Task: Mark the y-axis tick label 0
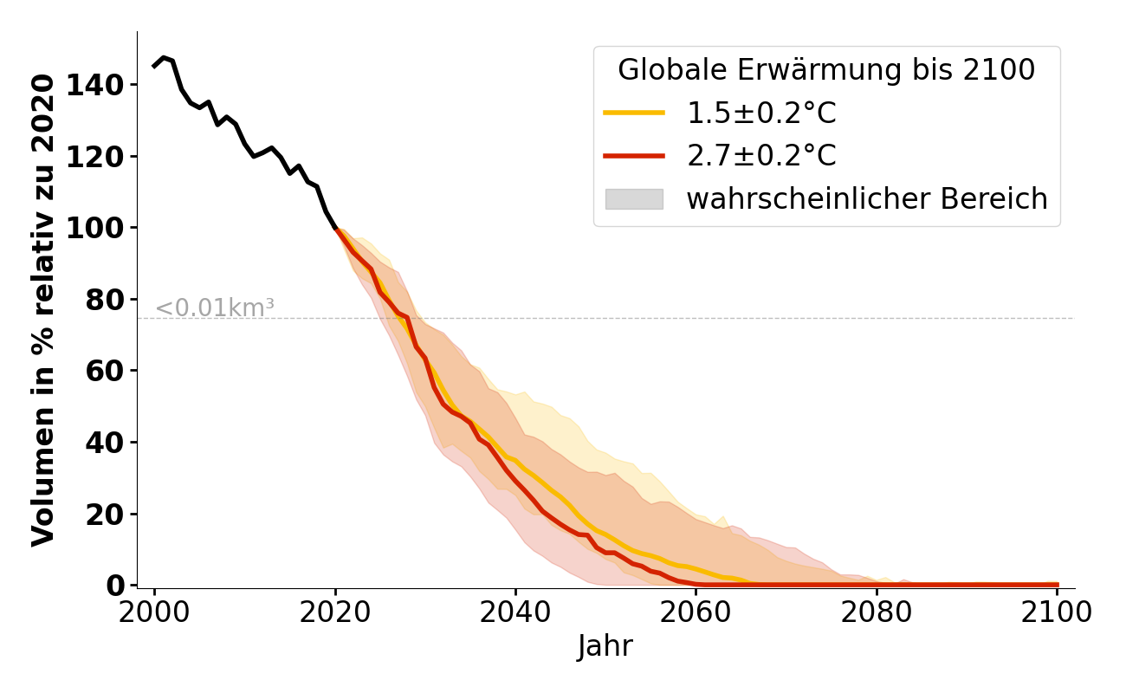click(x=117, y=586)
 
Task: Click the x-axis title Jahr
click(x=605, y=647)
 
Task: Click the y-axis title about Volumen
click(x=43, y=310)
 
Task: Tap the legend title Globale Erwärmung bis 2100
click(x=826, y=70)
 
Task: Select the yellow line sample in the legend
click(x=634, y=113)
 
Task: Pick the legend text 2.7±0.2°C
click(x=761, y=156)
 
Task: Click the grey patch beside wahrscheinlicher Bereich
click(x=634, y=199)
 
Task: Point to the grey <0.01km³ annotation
click(x=214, y=308)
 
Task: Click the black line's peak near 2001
click(x=163, y=57)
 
